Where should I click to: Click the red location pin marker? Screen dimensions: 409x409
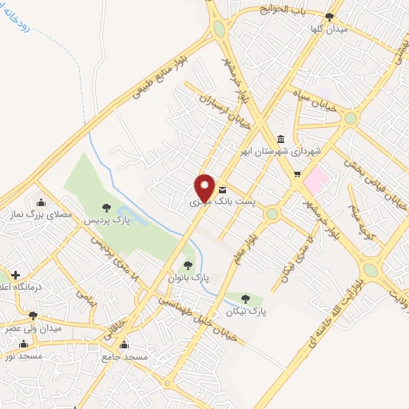[x=205, y=188]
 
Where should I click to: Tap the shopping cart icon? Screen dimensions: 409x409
[x=297, y=174]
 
